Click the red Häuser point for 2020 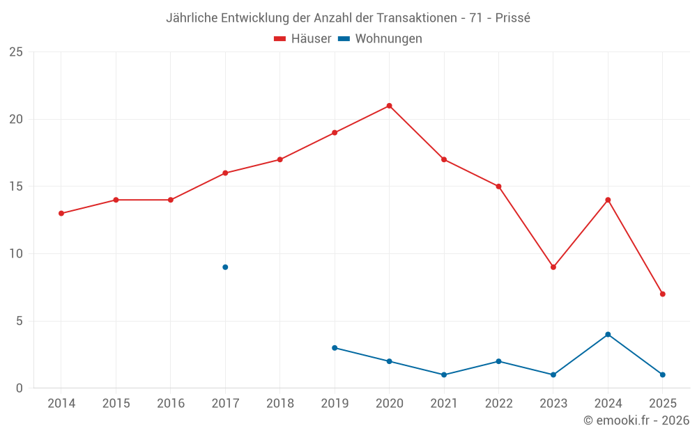tap(389, 106)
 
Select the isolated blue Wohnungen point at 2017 tap(225, 267)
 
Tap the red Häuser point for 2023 tap(553, 267)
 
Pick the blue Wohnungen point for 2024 tap(608, 334)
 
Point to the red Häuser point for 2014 tap(61, 214)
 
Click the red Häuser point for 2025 tap(662, 294)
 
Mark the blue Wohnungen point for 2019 tap(335, 348)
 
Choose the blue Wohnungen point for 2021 tap(444, 374)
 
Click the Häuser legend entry tap(302, 39)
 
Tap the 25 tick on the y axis tap(16, 52)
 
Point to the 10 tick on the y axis tap(16, 254)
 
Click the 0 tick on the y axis tap(20, 388)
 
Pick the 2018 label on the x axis tap(279, 404)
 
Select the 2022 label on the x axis tap(498, 404)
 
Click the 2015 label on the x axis tap(116, 404)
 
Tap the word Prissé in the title tap(512, 18)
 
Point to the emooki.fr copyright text tap(636, 420)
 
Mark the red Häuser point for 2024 tap(608, 200)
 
